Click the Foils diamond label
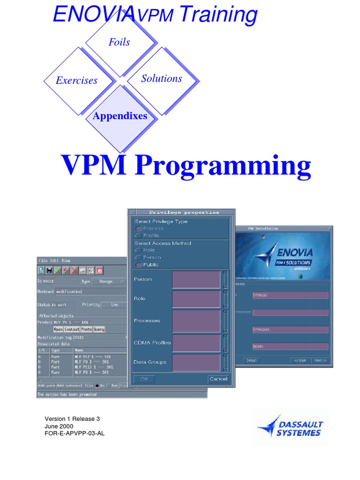point(119,42)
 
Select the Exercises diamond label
point(76,81)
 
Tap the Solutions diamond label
point(161,79)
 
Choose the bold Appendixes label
point(120,116)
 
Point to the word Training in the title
point(218,15)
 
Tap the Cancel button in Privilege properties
point(218,379)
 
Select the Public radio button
point(138,265)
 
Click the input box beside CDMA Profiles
point(196,343)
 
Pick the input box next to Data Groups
point(196,362)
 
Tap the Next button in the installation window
point(320,360)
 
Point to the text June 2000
point(59,426)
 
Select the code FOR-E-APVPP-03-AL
point(75,434)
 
